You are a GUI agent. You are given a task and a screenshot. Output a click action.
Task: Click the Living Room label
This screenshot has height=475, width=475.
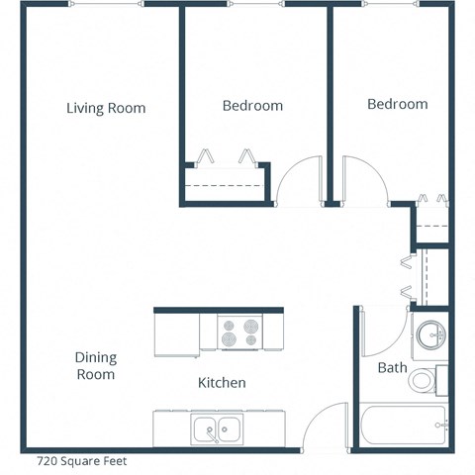click(x=106, y=108)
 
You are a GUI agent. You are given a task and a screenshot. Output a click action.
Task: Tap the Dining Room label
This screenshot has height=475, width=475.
click(x=95, y=366)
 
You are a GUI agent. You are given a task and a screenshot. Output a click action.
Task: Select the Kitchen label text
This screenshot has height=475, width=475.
click(x=222, y=382)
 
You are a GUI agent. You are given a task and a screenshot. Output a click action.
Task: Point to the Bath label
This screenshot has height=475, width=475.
click(x=392, y=368)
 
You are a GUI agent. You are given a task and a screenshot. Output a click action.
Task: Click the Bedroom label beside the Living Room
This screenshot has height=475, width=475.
click(x=252, y=106)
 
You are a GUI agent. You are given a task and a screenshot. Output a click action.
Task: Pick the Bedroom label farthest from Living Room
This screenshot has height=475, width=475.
click(x=397, y=104)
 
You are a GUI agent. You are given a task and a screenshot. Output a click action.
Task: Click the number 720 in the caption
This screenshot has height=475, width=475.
click(x=47, y=460)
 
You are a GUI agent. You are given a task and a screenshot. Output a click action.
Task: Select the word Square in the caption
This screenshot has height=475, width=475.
click(x=81, y=460)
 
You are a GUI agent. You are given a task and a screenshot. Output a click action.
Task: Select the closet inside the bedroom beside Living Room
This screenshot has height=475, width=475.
click(x=226, y=184)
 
